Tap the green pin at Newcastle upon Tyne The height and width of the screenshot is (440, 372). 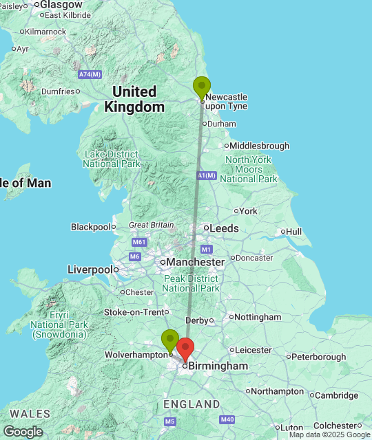coord(202,87)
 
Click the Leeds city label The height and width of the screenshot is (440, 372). coord(225,228)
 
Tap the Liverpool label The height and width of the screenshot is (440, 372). coord(90,269)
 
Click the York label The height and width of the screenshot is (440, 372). coord(248,211)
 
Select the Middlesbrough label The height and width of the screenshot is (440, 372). coord(259,146)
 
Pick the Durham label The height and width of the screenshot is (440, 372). coord(222,124)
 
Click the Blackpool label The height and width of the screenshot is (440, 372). coord(90,227)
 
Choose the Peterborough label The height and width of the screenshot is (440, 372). coord(318,357)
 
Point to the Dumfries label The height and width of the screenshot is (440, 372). coord(57,91)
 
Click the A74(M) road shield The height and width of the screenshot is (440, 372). coord(90,74)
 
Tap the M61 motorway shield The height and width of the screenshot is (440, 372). coord(139,242)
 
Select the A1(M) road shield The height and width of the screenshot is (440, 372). coord(206,175)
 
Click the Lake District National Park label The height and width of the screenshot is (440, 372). coord(112,159)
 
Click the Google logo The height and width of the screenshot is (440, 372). coord(22,431)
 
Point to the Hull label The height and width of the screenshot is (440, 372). coord(294,232)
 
